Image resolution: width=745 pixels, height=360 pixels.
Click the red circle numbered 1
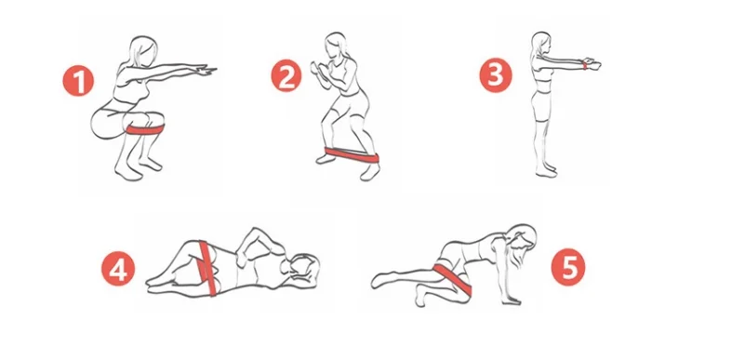pyautogui.click(x=78, y=81)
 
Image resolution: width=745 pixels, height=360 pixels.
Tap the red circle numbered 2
pyautogui.click(x=286, y=76)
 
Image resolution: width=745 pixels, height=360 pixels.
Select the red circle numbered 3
pyautogui.click(x=496, y=75)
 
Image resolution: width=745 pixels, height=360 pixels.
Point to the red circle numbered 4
pyautogui.click(x=118, y=269)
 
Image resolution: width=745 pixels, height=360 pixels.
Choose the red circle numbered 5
pyautogui.click(x=568, y=268)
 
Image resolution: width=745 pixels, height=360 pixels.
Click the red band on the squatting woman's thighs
pyautogui.click(x=145, y=129)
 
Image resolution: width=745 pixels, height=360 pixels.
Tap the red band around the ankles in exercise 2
pyautogui.click(x=352, y=154)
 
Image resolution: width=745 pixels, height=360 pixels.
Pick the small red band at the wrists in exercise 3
pyautogui.click(x=584, y=65)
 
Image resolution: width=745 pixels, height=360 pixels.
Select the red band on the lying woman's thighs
pyautogui.click(x=207, y=268)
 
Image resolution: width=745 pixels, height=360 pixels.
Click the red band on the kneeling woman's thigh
pyautogui.click(x=452, y=278)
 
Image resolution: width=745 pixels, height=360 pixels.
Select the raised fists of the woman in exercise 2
pyautogui.click(x=316, y=70)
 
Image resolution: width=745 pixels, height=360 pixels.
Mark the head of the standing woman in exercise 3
pyautogui.click(x=540, y=43)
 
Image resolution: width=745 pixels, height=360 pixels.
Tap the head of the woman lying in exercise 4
pyautogui.click(x=302, y=268)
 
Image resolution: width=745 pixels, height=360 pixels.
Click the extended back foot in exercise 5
pyautogui.click(x=380, y=279)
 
